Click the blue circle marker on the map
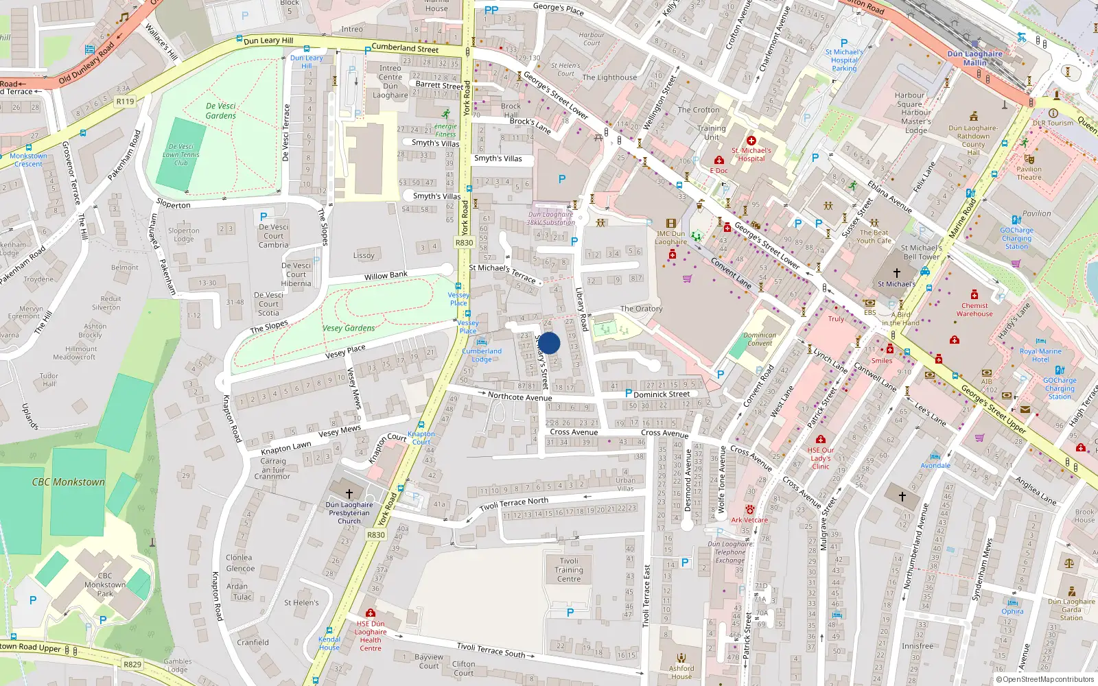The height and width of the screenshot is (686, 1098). [549, 343]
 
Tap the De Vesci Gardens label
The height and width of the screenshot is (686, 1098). [221, 111]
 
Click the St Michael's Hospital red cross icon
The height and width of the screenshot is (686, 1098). [751, 140]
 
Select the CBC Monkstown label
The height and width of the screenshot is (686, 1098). [69, 482]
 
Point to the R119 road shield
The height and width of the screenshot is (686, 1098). [125, 102]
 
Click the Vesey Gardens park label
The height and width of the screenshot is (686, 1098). [349, 328]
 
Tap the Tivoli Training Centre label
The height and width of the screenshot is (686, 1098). [569, 570]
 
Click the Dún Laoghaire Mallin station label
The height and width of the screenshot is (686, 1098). [974, 58]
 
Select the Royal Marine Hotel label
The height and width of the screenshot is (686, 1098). [1040, 355]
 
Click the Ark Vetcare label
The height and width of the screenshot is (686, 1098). [749, 520]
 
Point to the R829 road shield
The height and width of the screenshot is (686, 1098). [132, 664]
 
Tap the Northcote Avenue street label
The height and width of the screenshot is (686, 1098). [519, 397]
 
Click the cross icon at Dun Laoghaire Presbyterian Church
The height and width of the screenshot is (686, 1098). [349, 493]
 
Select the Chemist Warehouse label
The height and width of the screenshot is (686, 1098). [974, 310]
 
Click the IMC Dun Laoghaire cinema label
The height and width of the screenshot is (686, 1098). [670, 237]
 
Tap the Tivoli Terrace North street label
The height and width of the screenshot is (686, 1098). [513, 504]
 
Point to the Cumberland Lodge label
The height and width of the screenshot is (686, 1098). [482, 355]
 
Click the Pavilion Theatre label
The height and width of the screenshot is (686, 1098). [1029, 173]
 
